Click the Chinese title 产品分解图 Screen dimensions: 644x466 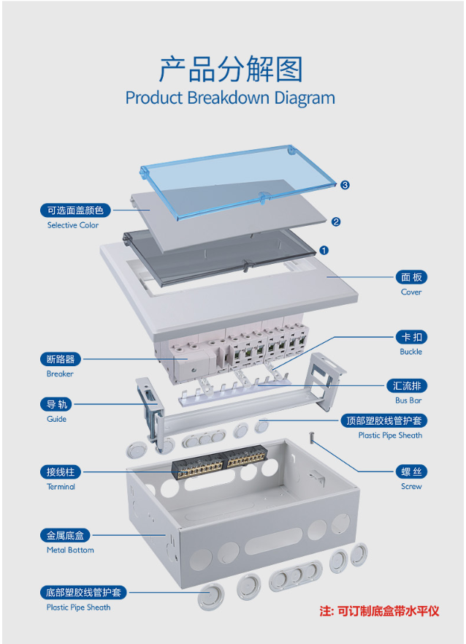(230, 69)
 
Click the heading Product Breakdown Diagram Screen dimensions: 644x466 (230, 98)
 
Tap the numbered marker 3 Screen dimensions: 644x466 (345, 185)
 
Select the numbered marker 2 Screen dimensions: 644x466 (336, 221)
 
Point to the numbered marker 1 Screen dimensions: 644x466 (324, 250)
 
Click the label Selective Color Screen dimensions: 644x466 (73, 225)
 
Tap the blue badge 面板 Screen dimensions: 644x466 (411, 277)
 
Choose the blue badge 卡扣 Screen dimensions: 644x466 (411, 337)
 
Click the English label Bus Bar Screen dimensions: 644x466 (409, 400)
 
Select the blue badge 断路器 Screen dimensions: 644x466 (61, 359)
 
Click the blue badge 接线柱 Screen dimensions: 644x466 (61, 471)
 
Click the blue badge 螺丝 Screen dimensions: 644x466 (411, 471)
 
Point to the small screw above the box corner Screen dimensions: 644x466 (311, 438)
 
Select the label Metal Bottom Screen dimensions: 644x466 (70, 550)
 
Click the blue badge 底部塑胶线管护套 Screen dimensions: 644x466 (84, 592)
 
